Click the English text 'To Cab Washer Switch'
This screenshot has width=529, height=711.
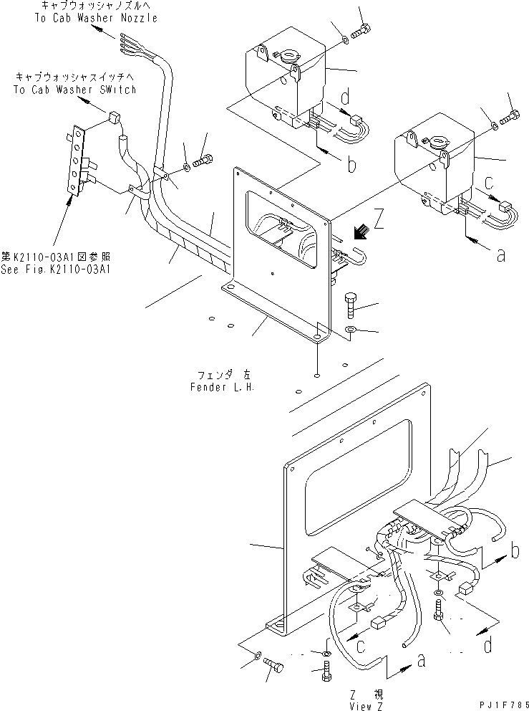[74, 90]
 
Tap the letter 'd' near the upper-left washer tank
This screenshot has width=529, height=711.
[346, 97]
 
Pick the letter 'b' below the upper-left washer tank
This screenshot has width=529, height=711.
[351, 166]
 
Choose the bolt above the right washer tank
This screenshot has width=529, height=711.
[512, 117]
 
